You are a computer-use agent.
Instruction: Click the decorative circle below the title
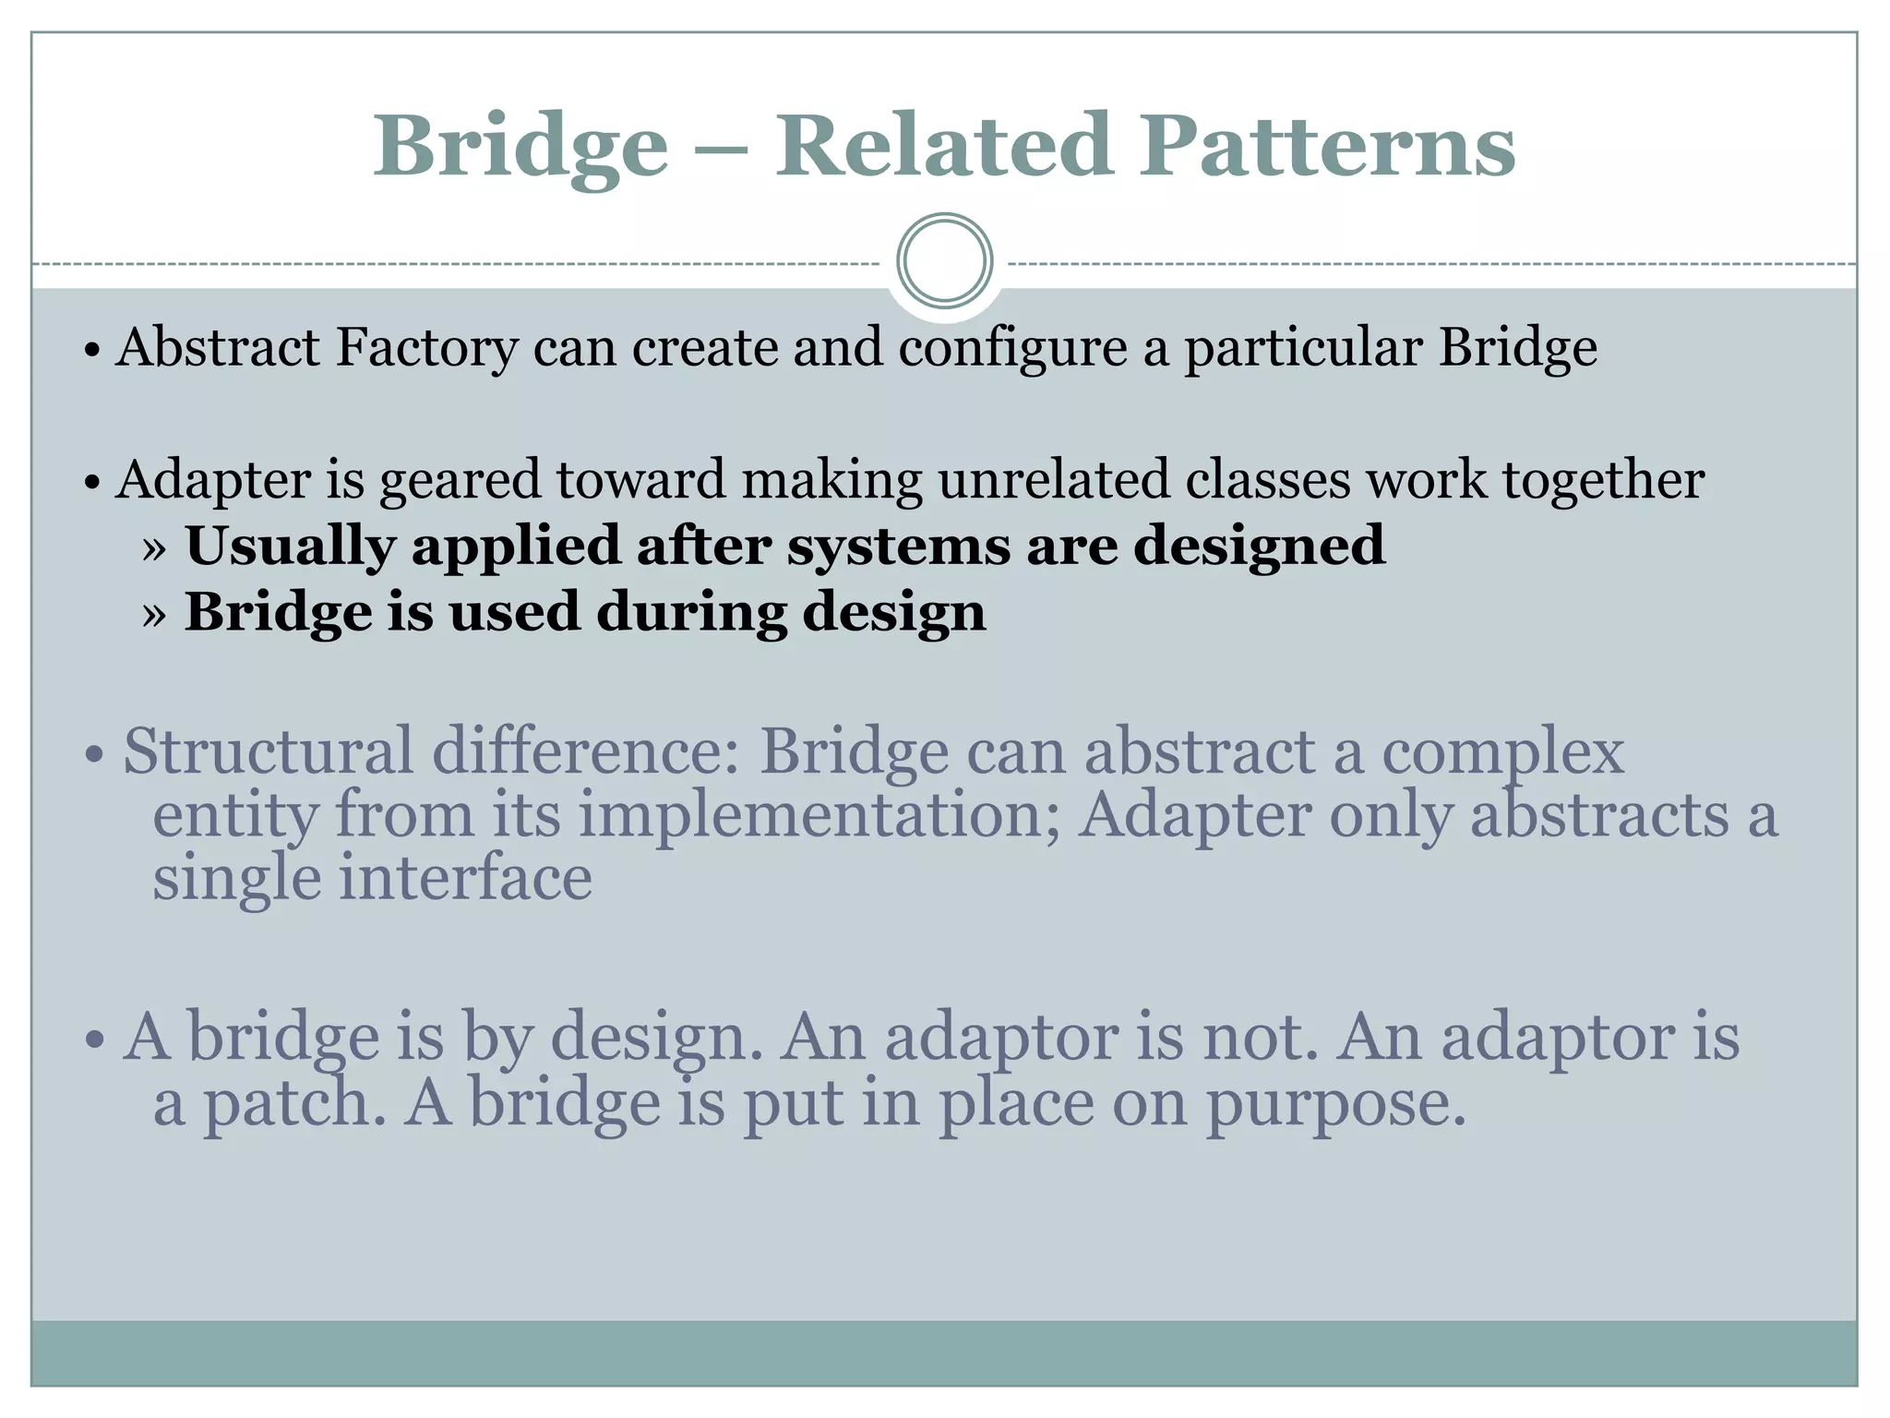[944, 260]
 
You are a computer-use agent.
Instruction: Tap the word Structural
[269, 751]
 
